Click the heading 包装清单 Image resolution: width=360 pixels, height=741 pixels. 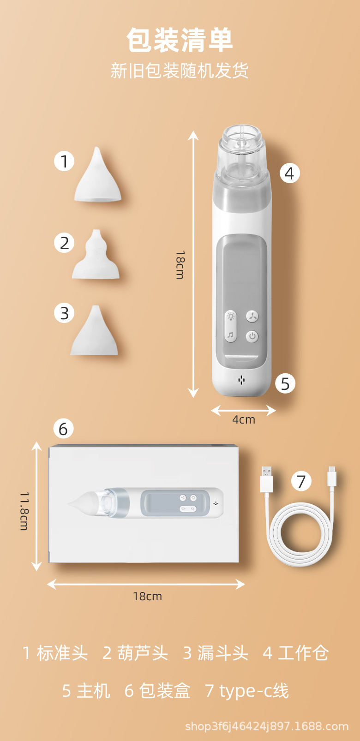pyautogui.click(x=180, y=41)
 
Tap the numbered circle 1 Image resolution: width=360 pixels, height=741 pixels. pyautogui.click(x=64, y=161)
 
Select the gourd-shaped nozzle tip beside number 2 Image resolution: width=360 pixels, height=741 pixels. pyautogui.click(x=96, y=256)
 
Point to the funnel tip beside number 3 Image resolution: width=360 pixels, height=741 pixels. pyautogui.click(x=95, y=332)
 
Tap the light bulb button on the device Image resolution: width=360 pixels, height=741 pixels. pyautogui.click(x=230, y=317)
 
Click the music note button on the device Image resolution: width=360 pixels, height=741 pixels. pyautogui.click(x=230, y=335)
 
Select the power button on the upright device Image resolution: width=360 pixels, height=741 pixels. pyautogui.click(x=252, y=336)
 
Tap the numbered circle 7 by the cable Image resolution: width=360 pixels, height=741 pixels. pyautogui.click(x=301, y=481)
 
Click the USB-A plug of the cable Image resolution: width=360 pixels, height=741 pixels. pyautogui.click(x=267, y=480)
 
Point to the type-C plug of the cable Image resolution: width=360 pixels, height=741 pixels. pyautogui.click(x=332, y=477)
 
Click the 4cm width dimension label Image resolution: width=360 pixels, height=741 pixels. pyautogui.click(x=243, y=420)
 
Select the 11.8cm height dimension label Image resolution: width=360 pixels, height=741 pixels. pyautogui.click(x=24, y=511)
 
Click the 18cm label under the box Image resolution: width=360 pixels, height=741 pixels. pyautogui.click(x=147, y=596)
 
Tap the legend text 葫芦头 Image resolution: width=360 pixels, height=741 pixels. pyautogui.click(x=143, y=653)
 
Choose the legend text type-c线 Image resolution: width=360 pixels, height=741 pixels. pyautogui.click(x=254, y=691)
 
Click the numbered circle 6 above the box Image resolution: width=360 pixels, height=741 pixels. pyautogui.click(x=63, y=429)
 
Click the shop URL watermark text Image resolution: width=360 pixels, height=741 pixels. pyautogui.click(x=267, y=726)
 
